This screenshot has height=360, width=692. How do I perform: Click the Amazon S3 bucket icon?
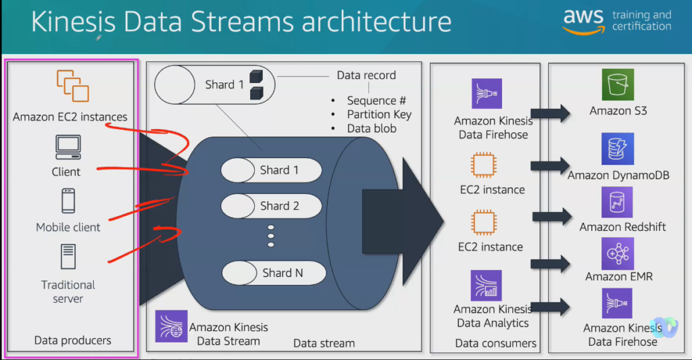pos(618,84)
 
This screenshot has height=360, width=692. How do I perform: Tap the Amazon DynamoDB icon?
pos(617,149)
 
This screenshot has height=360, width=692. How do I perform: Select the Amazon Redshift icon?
pos(617,202)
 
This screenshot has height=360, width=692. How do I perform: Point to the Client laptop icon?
pos(68,147)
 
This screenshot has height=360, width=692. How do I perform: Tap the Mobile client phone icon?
pos(68,201)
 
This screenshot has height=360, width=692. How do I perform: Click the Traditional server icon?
pos(68,257)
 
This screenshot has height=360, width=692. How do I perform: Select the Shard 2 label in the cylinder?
pos(279,205)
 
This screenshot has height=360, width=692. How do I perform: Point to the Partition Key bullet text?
pos(378,114)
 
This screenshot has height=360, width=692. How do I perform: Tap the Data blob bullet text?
pos(372,128)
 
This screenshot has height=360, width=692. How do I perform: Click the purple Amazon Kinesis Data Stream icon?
pos(167,326)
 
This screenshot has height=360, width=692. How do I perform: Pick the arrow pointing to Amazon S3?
pos(550,113)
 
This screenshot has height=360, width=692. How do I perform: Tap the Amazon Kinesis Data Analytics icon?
pos(486,285)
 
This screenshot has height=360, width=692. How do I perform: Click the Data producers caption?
pos(72,340)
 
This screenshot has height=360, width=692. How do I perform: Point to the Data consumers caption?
pos(495,343)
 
